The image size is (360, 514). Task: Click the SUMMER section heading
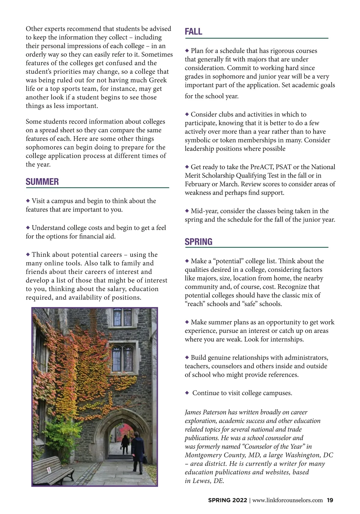pos(42,182)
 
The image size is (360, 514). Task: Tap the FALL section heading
pos(193,31)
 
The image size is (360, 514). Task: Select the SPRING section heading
pos(199,242)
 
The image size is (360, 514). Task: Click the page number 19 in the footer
pos(330,500)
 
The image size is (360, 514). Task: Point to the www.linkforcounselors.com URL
pos(288,500)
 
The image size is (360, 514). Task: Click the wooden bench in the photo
pos(53,470)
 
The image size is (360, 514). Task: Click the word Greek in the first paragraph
pos(158,80)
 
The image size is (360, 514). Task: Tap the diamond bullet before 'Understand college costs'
pos(28,228)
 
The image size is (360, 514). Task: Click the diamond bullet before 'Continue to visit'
pos(187,393)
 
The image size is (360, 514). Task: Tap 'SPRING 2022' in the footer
pos(227,500)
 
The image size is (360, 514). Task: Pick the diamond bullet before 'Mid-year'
pos(187,211)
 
